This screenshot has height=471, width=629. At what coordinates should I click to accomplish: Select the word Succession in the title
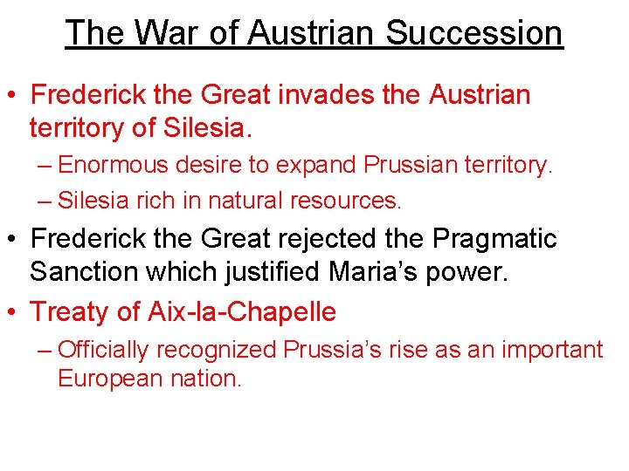tap(474, 33)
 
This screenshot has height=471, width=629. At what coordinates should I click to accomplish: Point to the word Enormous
tap(110, 165)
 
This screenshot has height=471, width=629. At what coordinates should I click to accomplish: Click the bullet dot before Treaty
tap(14, 311)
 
